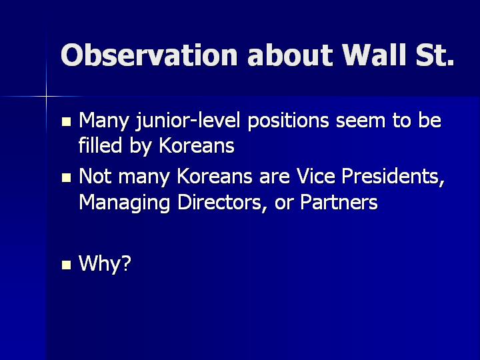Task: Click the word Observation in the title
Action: click(x=149, y=55)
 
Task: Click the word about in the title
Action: click(x=289, y=55)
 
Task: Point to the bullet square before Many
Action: click(x=67, y=122)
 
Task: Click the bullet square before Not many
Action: click(x=67, y=178)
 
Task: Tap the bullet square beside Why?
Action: click(x=67, y=265)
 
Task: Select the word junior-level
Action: click(x=188, y=121)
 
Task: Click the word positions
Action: click(x=288, y=121)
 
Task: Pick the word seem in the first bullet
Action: click(x=360, y=121)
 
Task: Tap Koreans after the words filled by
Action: click(x=197, y=145)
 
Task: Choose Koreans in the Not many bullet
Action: click(x=215, y=176)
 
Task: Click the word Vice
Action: click(x=315, y=176)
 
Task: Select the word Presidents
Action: click(x=393, y=177)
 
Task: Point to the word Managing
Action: click(x=124, y=203)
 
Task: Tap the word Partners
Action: click(x=339, y=203)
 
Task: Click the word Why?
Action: click(x=105, y=263)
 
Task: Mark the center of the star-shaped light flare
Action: click(x=46, y=97)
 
